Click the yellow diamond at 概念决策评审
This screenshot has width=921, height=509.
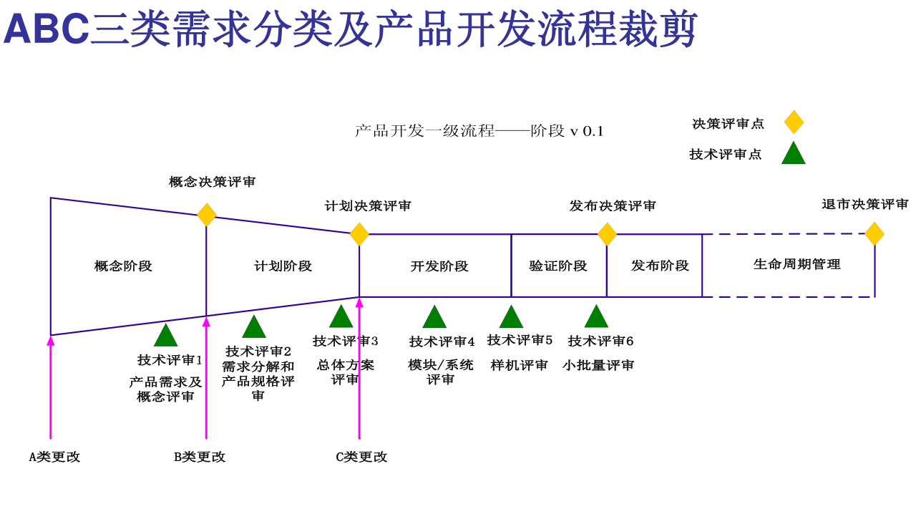point(207,215)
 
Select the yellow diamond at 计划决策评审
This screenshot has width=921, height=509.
point(359,234)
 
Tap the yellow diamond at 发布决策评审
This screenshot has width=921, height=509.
point(607,234)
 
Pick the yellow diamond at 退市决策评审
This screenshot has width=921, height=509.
point(874,234)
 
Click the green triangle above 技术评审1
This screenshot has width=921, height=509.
point(166,336)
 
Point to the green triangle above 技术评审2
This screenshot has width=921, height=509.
point(254,327)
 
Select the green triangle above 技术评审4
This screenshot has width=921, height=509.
point(434,317)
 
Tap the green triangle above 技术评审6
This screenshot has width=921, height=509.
point(596,317)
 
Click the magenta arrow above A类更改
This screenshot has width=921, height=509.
point(51,387)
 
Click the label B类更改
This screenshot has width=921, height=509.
point(200,457)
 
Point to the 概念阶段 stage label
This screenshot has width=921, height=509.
point(123,266)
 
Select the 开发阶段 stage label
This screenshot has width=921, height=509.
point(439,266)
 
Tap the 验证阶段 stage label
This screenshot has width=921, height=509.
point(558,266)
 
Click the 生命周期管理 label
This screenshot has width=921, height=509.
point(796,264)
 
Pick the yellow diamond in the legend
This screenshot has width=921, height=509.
point(794,122)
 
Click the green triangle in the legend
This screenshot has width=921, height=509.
point(794,154)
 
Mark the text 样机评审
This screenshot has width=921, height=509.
point(520,365)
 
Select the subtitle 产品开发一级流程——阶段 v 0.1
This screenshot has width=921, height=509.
point(479,131)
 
